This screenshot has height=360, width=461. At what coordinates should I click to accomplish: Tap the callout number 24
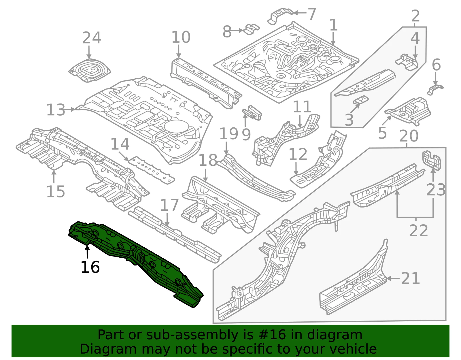tap(91, 38)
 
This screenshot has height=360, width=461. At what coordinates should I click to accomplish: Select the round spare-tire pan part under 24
tap(90, 70)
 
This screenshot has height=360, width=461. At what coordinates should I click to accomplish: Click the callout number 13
tap(56, 110)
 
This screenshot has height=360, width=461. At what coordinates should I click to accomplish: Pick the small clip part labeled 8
tap(252, 29)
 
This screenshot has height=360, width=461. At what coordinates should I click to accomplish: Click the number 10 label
tap(181, 37)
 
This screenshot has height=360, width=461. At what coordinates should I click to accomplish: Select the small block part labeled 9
tap(252, 113)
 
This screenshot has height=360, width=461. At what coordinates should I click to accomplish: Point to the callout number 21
tap(410, 278)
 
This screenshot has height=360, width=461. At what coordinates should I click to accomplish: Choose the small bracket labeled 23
tap(432, 160)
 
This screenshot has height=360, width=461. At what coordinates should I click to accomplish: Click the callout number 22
tap(418, 230)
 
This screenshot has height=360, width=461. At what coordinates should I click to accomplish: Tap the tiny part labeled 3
tap(361, 99)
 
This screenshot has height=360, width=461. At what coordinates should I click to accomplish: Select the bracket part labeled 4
tap(407, 62)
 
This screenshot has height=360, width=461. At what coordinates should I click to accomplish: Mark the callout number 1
tap(333, 25)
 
